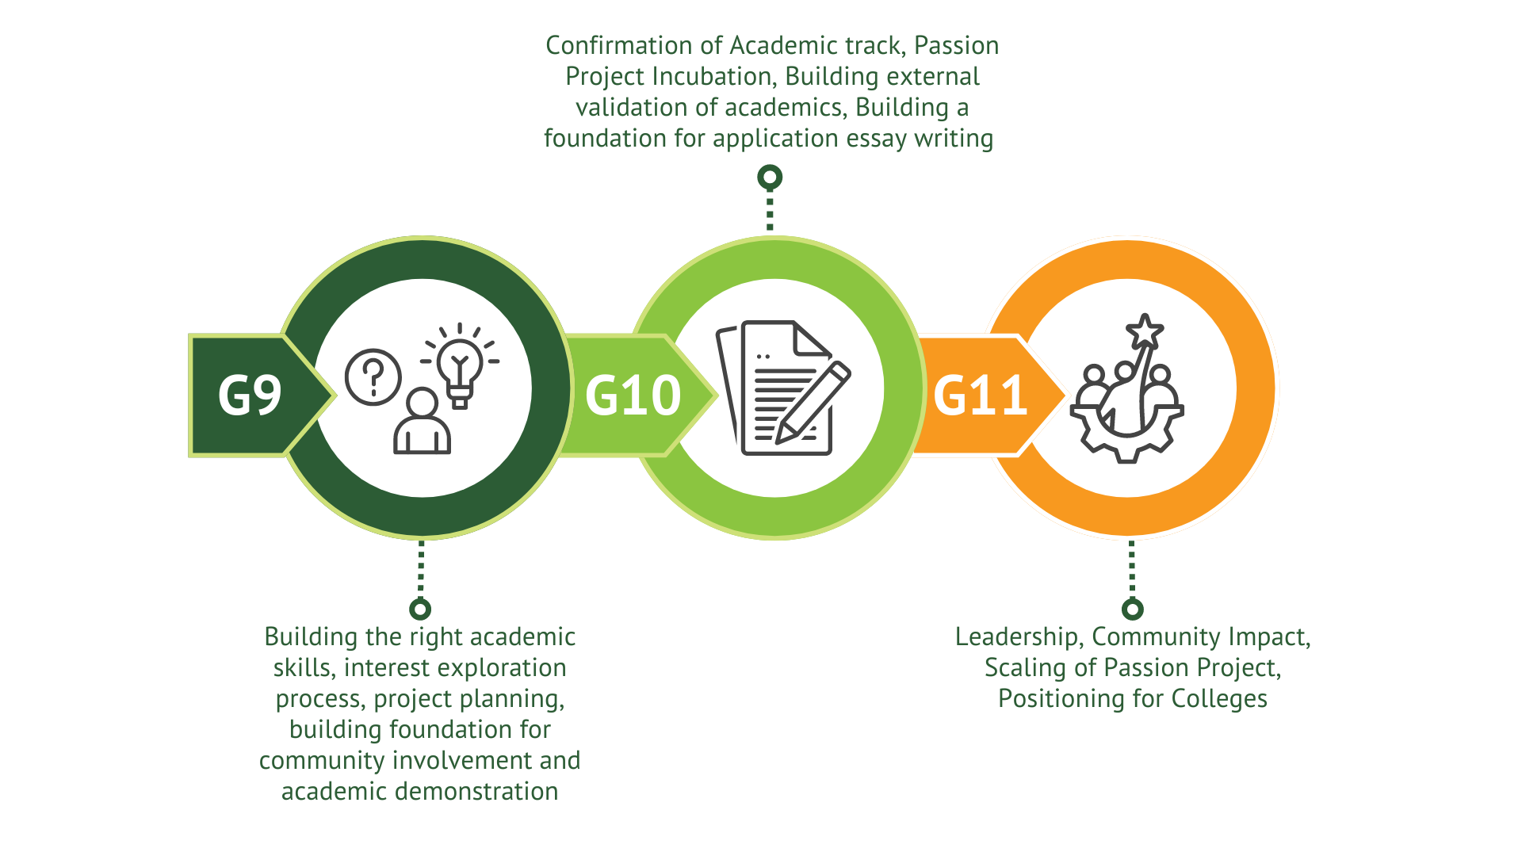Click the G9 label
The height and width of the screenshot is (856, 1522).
(x=250, y=396)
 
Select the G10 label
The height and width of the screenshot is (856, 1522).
(x=633, y=396)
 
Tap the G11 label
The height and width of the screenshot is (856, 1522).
(x=981, y=396)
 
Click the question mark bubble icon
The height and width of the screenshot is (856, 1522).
(x=373, y=377)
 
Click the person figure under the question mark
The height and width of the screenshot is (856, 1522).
(x=422, y=424)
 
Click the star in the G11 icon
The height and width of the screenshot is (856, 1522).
(x=1145, y=331)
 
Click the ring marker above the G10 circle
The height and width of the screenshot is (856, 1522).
(x=770, y=178)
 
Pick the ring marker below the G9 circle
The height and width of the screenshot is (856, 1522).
(x=420, y=609)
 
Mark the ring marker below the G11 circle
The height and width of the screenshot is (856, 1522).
(x=1133, y=609)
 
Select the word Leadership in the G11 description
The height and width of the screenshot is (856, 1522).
(x=1016, y=637)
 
